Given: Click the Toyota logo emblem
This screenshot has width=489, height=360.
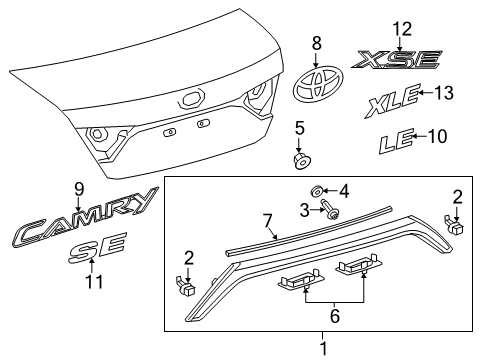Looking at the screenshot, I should [316, 85].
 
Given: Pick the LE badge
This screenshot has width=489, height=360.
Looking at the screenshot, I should [396, 143].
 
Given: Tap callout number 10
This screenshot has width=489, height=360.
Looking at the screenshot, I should [438, 135].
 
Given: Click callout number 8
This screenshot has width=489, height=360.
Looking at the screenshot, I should [316, 43].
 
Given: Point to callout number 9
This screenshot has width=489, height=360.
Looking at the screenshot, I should [79, 187].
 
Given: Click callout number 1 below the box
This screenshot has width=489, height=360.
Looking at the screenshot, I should [322, 348].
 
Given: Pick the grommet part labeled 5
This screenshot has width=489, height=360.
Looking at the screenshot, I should [298, 159].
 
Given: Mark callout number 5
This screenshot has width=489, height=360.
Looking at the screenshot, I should [298, 128].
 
